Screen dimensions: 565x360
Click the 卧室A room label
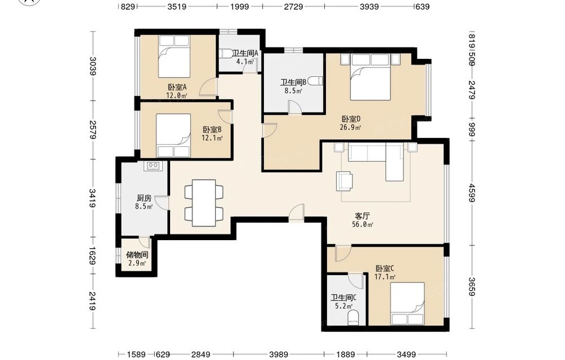click(177, 87)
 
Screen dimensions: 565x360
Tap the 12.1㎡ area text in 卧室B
click(212, 138)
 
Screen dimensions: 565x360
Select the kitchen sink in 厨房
click(153, 166)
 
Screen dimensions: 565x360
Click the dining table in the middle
click(204, 203)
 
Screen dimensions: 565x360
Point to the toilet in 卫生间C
click(354, 319)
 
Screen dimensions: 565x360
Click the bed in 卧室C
click(407, 303)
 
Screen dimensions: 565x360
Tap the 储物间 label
click(137, 255)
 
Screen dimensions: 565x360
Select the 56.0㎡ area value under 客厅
click(363, 224)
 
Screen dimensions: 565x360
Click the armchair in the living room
click(345, 181)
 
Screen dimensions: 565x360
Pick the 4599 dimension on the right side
click(472, 193)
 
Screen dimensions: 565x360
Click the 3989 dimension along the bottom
click(279, 354)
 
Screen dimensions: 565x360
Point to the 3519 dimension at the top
click(177, 6)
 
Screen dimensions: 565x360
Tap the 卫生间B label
click(293, 82)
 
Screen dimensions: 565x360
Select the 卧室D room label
click(351, 119)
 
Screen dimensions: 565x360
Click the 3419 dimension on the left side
click(93, 198)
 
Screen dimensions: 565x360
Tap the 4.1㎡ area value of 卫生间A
click(245, 62)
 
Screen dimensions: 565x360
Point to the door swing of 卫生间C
click(355, 280)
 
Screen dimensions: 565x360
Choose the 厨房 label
click(144, 198)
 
